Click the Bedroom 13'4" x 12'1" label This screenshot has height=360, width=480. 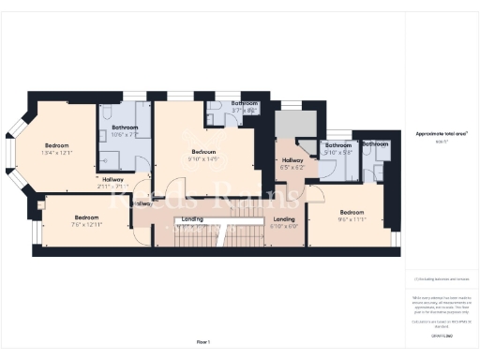point(57,149)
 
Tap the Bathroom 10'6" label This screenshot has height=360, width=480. point(125,130)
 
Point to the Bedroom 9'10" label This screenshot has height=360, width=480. point(203,155)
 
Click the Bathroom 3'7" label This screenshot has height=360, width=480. point(245,106)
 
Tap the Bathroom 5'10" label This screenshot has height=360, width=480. point(337,149)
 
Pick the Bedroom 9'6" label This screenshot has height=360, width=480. point(352,215)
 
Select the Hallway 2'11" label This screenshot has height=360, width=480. point(112,182)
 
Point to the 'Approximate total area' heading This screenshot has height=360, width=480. point(441,134)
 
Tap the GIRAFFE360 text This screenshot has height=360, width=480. point(441,335)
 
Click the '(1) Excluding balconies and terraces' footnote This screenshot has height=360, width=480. point(441,279)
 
